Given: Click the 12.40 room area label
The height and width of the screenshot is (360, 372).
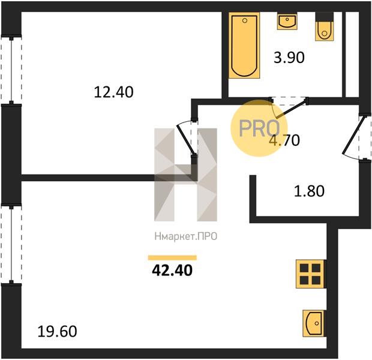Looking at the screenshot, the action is (x=113, y=92).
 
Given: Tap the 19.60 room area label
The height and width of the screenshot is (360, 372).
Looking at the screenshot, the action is (x=57, y=332).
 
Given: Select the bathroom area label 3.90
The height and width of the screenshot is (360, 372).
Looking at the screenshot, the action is (x=289, y=58).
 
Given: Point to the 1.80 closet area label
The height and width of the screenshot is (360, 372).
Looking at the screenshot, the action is (x=309, y=191).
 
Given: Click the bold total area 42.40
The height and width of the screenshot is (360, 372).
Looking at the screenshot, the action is (x=172, y=270).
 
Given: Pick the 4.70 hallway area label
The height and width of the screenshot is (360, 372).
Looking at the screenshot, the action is (x=284, y=140).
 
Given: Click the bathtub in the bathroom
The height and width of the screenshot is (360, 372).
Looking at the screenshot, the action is (x=244, y=46).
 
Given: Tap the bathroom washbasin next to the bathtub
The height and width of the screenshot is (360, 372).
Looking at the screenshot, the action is (x=287, y=22).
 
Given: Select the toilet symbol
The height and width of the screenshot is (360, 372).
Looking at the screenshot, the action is (x=325, y=26).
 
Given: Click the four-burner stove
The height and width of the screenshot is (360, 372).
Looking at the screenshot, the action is (x=310, y=274).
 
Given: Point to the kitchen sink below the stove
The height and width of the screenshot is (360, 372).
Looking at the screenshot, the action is (x=314, y=323).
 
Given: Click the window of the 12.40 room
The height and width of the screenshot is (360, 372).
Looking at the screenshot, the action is (x=11, y=70).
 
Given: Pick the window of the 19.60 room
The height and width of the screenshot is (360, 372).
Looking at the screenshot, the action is (x=11, y=244).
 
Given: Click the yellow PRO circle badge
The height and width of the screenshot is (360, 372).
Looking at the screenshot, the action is (x=259, y=128).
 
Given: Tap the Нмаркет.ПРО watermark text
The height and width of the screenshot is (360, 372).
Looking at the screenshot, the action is (x=186, y=236).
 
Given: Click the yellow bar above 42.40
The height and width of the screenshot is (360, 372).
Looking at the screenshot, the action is (x=172, y=258).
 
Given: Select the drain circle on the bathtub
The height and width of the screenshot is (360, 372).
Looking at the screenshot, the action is (x=245, y=20).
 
